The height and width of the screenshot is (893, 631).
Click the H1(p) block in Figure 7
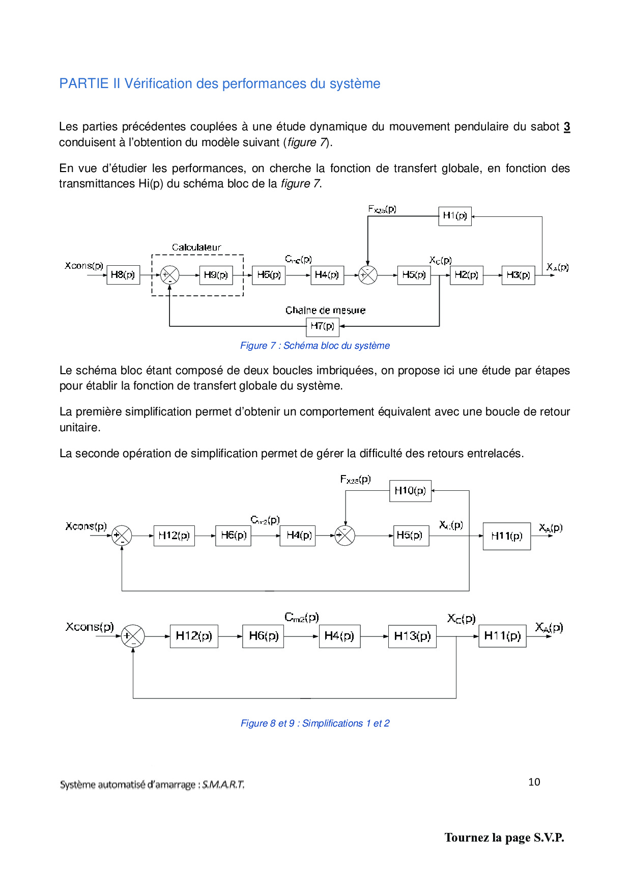pos(455,216)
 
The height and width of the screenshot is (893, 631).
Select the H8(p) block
pos(123,275)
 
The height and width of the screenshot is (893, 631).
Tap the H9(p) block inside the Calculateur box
pos(216,275)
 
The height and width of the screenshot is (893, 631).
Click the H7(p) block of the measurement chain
pos(323,326)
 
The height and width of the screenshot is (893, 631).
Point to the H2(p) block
pos(467,275)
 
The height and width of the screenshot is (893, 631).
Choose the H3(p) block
pos(518,275)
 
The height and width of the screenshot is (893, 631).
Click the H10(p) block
pos(410,491)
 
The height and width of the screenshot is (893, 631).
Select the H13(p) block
pos(412,636)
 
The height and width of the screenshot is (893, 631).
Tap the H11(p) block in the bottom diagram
pos(502,636)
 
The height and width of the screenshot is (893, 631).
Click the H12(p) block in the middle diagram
pos(174,536)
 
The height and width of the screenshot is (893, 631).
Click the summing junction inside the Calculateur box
pos(169,275)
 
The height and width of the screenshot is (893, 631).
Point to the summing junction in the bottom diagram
pos(133,636)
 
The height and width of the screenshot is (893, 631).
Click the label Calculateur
pos(196,247)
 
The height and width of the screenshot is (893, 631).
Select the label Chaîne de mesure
pos(325,310)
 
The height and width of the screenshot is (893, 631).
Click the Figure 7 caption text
pos(315,346)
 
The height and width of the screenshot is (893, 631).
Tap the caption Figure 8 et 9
pos(315,723)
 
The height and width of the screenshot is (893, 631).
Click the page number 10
pos(534,782)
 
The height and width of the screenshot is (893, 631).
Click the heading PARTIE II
pos(219,83)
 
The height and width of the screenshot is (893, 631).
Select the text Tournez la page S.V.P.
pos(504,838)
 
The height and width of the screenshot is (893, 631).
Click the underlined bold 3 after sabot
pos(567,127)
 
